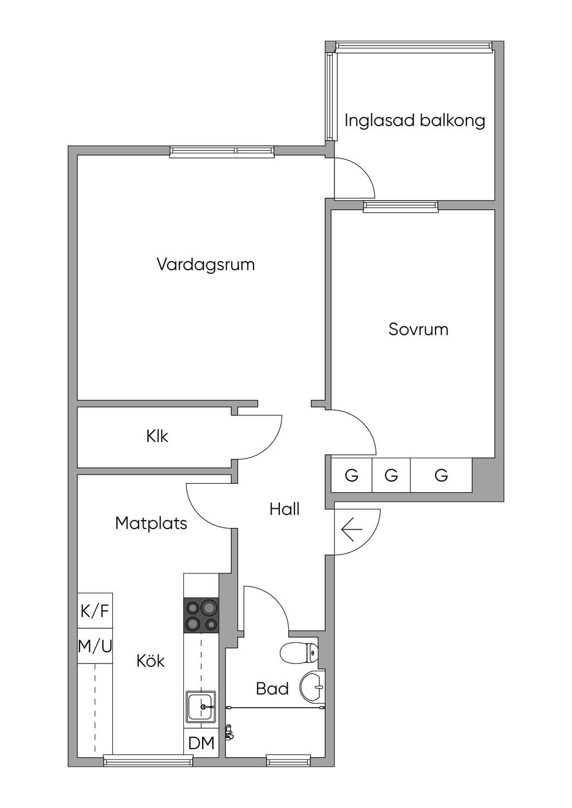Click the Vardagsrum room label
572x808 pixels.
206,264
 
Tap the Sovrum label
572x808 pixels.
418,329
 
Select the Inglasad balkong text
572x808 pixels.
414,121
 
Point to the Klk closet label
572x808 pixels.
157,436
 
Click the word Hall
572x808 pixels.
284,509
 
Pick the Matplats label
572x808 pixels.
151,523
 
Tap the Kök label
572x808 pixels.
151,661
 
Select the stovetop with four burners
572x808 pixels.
201,615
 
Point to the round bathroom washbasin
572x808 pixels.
312,687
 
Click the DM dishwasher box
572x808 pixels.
201,743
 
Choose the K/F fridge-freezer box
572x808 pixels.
94,611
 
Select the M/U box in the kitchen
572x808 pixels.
94,646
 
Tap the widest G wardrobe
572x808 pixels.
441,475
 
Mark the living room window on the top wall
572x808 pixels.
222,152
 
